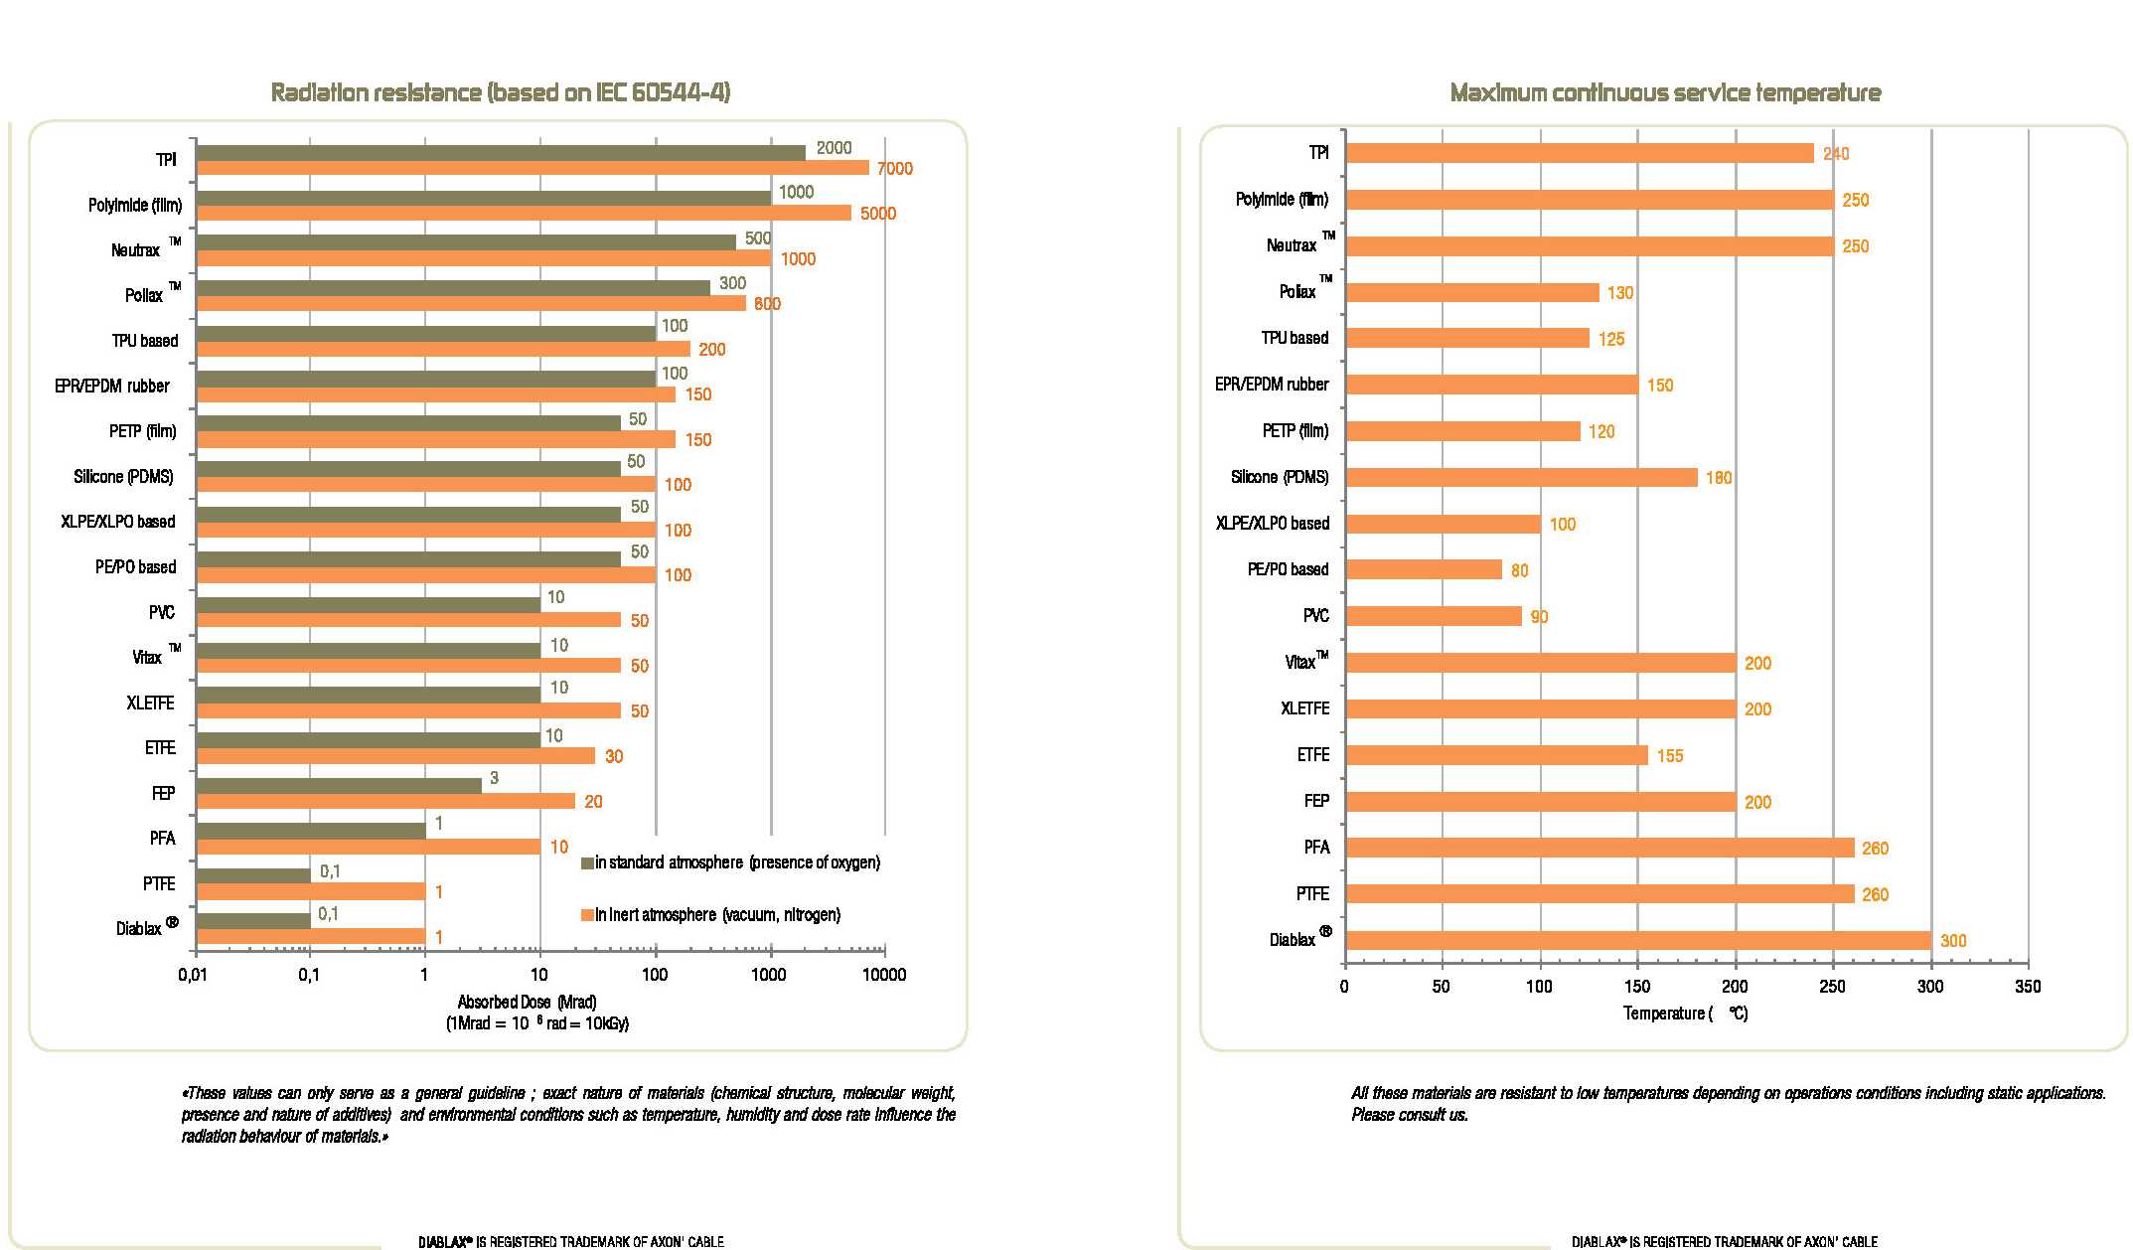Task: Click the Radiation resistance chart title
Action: click(501, 92)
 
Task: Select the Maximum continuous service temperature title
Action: click(1665, 93)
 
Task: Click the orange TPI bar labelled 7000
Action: click(533, 168)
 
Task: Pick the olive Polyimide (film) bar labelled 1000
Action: click(483, 198)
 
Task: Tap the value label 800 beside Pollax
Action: click(767, 304)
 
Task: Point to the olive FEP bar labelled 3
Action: click(339, 785)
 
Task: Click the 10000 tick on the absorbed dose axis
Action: click(883, 975)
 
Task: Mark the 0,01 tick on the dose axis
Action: click(194, 975)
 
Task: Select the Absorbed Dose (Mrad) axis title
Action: click(527, 1002)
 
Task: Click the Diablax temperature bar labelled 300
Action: click(1637, 940)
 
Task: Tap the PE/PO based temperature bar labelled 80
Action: click(1424, 569)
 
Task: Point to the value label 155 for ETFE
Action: click(1670, 756)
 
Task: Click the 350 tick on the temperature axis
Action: click(2027, 987)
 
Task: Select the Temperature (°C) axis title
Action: click(1685, 1014)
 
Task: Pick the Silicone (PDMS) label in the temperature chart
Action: click(1279, 477)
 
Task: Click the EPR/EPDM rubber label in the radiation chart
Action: click(112, 386)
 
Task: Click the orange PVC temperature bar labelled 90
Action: click(1434, 616)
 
